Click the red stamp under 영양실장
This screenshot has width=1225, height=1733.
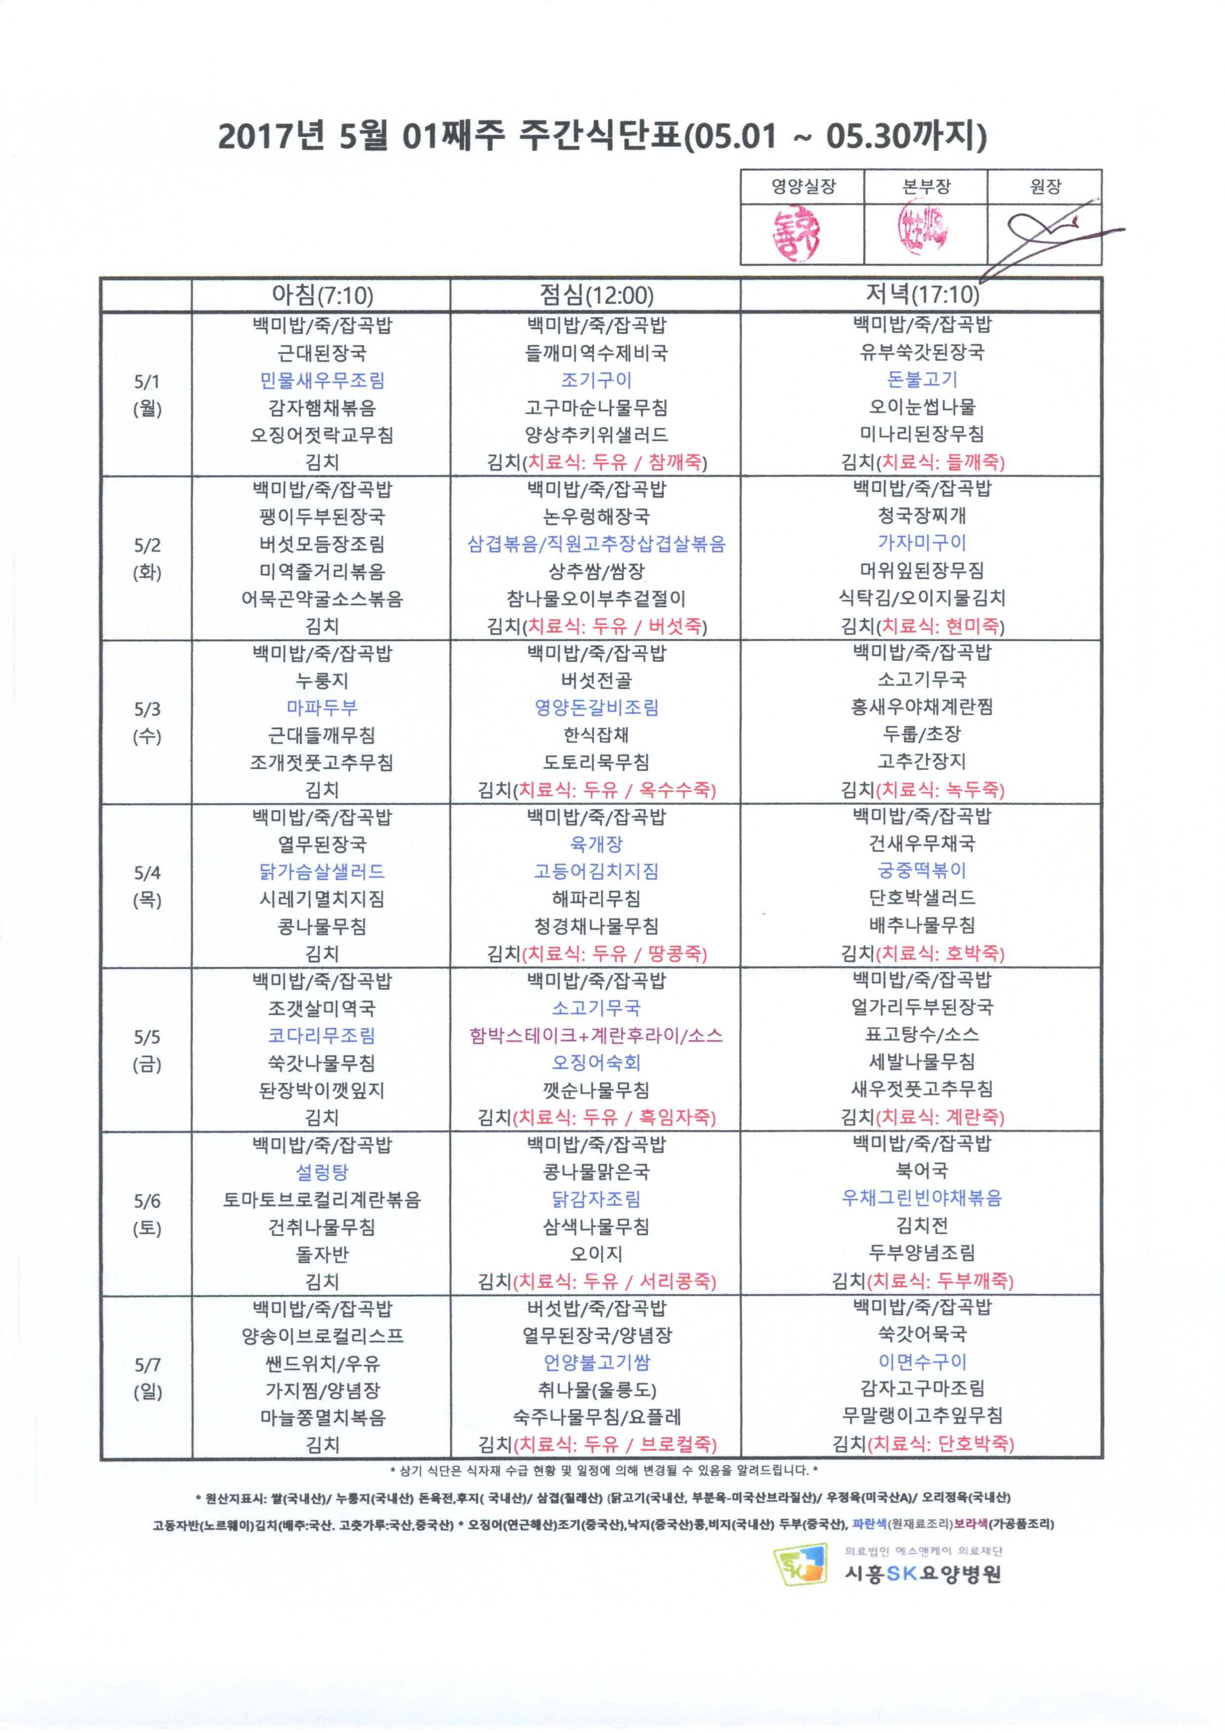[x=796, y=235]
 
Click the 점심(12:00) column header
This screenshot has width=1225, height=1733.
[x=596, y=294]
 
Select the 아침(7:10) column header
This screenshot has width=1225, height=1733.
[x=322, y=294]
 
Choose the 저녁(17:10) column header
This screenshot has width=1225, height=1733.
[x=922, y=294]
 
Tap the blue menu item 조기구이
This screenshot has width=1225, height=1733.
[x=596, y=380]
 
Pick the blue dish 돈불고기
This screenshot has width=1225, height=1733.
[x=922, y=379]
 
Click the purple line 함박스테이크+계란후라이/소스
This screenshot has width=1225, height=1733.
[x=596, y=1035]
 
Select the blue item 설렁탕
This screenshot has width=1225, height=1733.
[x=322, y=1171]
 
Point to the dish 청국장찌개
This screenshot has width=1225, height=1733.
[x=922, y=516]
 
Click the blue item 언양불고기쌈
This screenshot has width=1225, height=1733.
[x=596, y=1363]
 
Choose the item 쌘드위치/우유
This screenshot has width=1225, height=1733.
[x=322, y=1363]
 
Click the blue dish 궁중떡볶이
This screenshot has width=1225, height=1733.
[x=922, y=870]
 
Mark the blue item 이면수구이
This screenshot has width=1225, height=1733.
[x=922, y=1361]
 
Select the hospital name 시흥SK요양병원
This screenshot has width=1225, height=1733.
[x=922, y=1574]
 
